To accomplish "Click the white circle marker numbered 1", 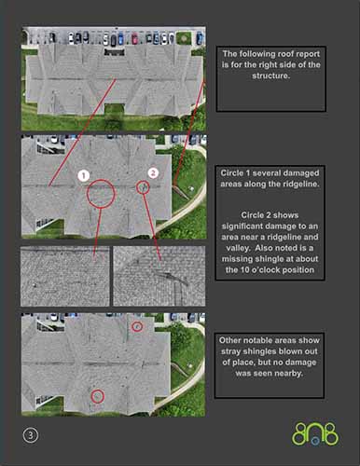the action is point(83,176).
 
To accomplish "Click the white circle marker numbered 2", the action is point(153,172).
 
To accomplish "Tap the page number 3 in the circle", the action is point(31,435).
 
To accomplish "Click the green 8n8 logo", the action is point(315,434).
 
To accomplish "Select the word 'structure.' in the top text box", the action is point(271,75).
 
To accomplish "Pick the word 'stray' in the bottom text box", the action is point(231,351).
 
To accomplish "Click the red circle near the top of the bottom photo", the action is point(137,327).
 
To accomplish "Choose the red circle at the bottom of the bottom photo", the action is point(98,397).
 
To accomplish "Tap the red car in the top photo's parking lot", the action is point(134,39).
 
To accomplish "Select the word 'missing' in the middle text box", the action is point(237,259).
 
